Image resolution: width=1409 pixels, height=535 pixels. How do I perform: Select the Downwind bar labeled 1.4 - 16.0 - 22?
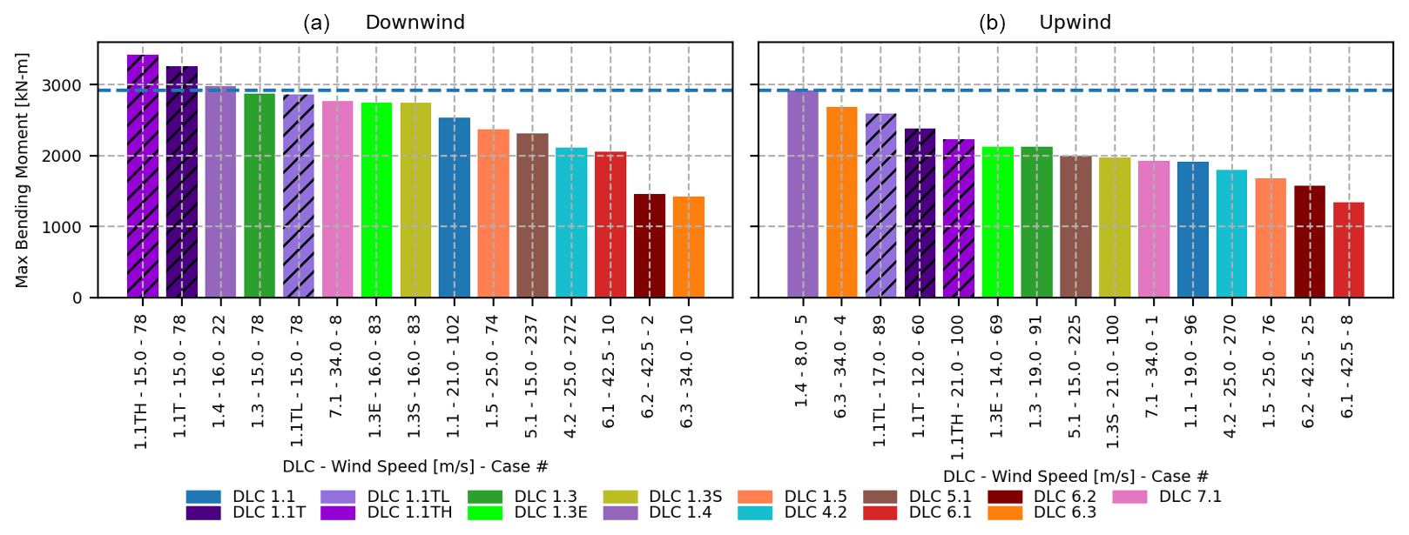click(220, 192)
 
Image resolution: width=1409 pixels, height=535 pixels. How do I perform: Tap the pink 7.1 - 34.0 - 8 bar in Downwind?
click(338, 199)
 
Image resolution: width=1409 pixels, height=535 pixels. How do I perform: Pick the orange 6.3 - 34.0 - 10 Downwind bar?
click(689, 247)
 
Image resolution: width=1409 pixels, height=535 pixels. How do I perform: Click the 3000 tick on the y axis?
click(65, 85)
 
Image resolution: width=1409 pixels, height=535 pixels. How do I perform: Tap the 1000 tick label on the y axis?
click(65, 227)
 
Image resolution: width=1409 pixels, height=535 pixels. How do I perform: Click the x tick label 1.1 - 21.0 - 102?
click(454, 377)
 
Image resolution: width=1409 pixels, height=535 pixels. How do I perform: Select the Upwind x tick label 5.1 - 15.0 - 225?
click(1075, 377)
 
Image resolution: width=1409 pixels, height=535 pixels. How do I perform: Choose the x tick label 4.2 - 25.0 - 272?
click(570, 377)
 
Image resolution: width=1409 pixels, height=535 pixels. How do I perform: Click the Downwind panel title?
click(415, 23)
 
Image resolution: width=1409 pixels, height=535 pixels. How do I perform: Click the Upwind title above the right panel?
click(1075, 23)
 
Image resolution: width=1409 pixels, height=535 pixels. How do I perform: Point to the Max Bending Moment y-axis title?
click(23, 171)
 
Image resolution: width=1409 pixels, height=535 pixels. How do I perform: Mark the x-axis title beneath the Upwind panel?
click(1075, 477)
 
